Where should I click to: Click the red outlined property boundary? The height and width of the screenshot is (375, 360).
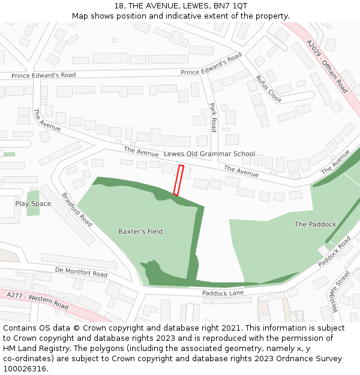pos(178,180)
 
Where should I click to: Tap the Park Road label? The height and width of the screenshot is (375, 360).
pos(213,118)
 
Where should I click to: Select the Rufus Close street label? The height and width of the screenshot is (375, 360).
pos(268,88)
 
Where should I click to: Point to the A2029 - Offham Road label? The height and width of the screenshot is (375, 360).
pos(326,66)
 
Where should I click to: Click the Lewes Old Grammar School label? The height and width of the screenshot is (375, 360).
pos(209,154)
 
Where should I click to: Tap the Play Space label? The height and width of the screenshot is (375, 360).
pos(33,203)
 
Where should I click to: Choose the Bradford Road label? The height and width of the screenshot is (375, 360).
pos(77,209)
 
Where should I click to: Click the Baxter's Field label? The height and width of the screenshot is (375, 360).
pos(140,231)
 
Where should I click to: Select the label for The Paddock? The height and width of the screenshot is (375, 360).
pos(315,224)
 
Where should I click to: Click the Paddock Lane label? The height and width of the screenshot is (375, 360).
pos(223,293)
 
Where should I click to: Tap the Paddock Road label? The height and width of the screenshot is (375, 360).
pos(334,251)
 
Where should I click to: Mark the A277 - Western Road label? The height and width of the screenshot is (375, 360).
pos(38,300)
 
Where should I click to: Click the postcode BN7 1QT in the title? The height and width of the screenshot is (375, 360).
pos(231,6)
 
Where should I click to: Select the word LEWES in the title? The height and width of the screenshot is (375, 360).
pos(196,6)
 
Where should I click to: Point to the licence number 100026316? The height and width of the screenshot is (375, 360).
pos(25,369)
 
